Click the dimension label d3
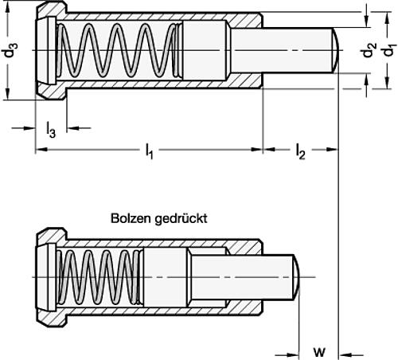coord(10,53)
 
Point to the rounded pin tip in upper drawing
coord(338,50)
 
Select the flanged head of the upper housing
coord(48,52)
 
